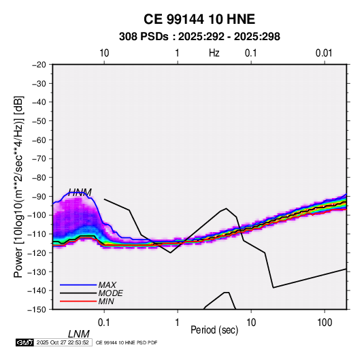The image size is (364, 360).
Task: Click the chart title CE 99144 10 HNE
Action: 199,19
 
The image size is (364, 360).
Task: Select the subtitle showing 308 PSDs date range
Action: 199,37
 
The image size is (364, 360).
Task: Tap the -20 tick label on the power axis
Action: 39,65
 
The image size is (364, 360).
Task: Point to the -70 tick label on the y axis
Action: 39,159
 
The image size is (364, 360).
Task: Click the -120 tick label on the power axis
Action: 37,252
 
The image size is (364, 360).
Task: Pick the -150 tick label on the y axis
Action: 37,310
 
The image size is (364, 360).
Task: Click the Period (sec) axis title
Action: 214,330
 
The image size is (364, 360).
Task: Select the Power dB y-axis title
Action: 18,187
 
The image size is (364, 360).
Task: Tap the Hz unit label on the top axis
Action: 214,53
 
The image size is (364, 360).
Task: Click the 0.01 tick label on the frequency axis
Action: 324,53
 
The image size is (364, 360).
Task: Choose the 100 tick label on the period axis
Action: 325,323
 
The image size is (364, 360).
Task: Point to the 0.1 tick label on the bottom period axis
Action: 104,323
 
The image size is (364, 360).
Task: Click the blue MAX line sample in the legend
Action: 78,285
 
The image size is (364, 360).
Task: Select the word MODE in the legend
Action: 110,293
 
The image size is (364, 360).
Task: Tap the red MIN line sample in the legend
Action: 78,301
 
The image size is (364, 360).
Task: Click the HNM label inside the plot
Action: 80,193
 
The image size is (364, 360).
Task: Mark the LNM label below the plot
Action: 78,334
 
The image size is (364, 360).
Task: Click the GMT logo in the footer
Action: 25,342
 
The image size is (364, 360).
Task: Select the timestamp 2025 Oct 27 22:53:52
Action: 63,342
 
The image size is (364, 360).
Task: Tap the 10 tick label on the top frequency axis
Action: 104,53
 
